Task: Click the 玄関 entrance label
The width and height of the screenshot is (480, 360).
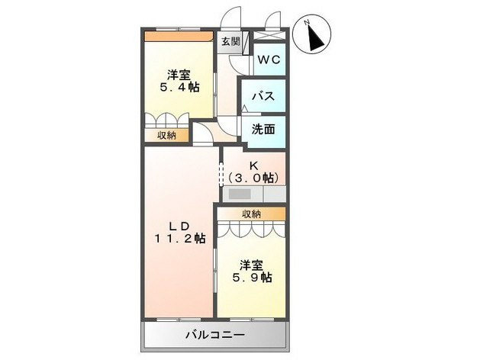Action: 230,42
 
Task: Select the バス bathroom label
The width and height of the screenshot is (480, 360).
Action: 264,97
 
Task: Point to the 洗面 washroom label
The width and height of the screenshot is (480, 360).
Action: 263,130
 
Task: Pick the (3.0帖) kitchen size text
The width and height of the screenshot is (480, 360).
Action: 253,178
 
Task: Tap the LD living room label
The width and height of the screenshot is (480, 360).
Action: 178,226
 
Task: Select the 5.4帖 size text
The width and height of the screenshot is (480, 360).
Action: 179,88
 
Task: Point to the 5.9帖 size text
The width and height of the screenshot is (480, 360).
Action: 251,278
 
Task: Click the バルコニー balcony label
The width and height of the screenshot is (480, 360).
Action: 214,335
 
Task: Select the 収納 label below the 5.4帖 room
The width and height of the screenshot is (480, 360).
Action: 166,135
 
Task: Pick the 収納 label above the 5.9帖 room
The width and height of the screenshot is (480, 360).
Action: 251,214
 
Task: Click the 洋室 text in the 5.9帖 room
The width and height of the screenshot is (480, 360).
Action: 251,265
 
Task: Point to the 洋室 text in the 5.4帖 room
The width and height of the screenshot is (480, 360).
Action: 179,75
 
